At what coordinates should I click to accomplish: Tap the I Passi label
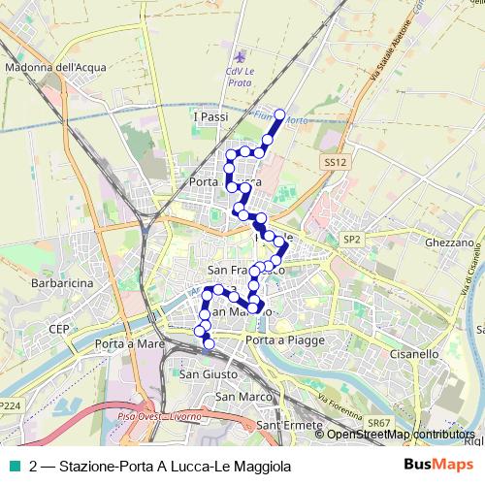click(x=210, y=116)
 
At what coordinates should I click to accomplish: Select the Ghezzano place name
click(x=448, y=242)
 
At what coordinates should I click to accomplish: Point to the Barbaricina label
click(x=61, y=284)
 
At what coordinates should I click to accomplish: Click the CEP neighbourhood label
click(x=58, y=329)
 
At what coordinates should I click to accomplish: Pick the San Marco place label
click(x=239, y=397)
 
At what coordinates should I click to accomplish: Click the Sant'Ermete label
click(x=283, y=425)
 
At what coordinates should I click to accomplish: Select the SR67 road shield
click(x=379, y=424)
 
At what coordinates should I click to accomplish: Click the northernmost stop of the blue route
click(x=280, y=114)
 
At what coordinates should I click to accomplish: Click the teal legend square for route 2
click(x=15, y=467)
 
